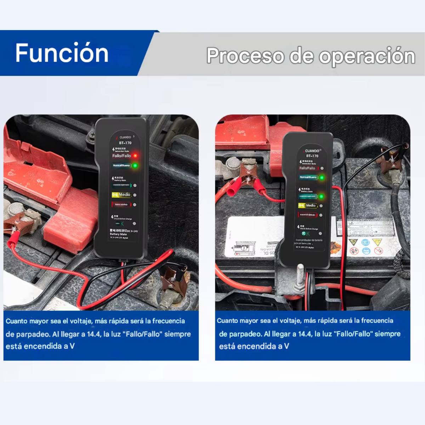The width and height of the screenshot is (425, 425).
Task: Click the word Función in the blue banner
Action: [62, 53]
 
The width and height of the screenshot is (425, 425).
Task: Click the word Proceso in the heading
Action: [245, 56]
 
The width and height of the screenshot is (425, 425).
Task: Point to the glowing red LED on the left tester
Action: [135, 155]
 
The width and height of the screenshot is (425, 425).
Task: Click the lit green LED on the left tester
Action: [135, 165]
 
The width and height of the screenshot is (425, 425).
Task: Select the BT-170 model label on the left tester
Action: [125, 143]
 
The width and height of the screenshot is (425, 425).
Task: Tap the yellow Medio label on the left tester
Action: [121, 195]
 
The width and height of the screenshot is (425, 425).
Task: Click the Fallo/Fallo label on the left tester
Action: [121, 155]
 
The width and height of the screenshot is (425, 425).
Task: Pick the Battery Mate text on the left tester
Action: [118, 234]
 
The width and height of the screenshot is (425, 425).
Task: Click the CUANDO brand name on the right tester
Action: [312, 151]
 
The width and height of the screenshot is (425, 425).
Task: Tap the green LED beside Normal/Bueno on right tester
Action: [322, 177]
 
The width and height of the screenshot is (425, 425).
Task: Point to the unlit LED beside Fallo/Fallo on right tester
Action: [322, 168]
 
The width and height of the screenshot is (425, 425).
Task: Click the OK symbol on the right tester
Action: [306, 234]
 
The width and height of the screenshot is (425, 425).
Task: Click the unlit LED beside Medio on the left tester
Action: [135, 195]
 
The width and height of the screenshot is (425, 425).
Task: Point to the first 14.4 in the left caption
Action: [93, 334]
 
